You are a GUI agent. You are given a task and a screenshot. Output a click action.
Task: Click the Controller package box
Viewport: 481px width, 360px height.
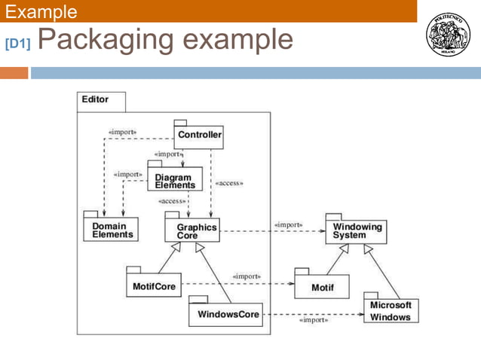(x=200, y=136)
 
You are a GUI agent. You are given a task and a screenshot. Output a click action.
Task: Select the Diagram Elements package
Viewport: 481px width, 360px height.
(x=174, y=181)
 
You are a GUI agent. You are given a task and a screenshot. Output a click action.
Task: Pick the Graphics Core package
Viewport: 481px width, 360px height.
(x=192, y=230)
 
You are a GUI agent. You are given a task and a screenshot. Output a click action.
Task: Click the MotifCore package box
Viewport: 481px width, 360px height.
(x=154, y=286)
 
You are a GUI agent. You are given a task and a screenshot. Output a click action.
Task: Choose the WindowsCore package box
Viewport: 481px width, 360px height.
(x=225, y=314)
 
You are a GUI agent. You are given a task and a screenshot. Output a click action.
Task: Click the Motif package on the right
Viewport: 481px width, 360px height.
(x=321, y=286)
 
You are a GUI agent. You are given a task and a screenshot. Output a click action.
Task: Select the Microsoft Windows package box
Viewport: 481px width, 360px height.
(x=391, y=311)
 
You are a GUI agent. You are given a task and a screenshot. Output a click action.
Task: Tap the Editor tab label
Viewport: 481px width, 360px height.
(x=96, y=99)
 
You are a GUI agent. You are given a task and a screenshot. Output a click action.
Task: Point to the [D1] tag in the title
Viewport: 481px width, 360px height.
(x=17, y=44)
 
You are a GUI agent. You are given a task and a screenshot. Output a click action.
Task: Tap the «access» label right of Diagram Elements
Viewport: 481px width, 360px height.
(x=229, y=183)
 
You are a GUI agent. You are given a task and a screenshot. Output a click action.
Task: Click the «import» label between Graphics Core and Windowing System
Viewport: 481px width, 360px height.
(x=288, y=224)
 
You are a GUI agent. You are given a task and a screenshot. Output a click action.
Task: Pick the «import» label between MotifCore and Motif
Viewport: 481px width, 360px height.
(x=247, y=276)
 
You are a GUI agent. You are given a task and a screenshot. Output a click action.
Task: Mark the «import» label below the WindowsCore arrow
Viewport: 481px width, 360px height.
(x=314, y=320)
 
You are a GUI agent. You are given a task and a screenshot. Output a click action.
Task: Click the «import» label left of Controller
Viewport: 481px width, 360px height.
(x=122, y=132)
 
